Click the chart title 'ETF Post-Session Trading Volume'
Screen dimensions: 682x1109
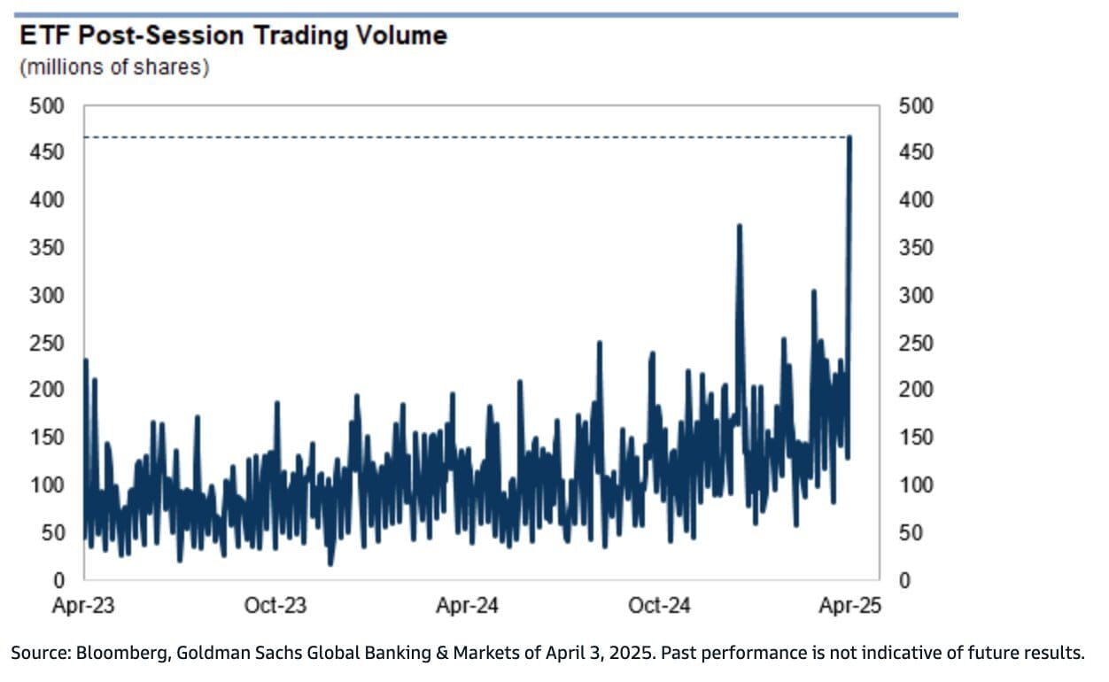tap(233, 36)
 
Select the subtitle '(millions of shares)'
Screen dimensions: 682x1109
tap(114, 68)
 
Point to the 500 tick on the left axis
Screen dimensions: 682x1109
tap(48, 106)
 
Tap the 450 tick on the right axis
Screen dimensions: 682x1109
tap(916, 153)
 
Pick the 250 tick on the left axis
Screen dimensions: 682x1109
tap(48, 344)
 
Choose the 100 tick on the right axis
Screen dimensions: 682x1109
tap(916, 485)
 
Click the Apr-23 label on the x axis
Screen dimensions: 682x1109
tap(85, 606)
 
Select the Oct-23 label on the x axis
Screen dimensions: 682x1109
tap(275, 606)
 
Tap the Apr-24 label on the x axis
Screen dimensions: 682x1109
tap(467, 606)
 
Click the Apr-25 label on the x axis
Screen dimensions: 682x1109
tap(849, 606)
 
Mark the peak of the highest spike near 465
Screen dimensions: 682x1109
tap(849, 137)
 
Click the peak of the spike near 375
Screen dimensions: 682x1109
tap(739, 226)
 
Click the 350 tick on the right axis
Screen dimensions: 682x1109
tap(916, 248)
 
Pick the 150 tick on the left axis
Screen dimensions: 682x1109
tap(48, 438)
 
